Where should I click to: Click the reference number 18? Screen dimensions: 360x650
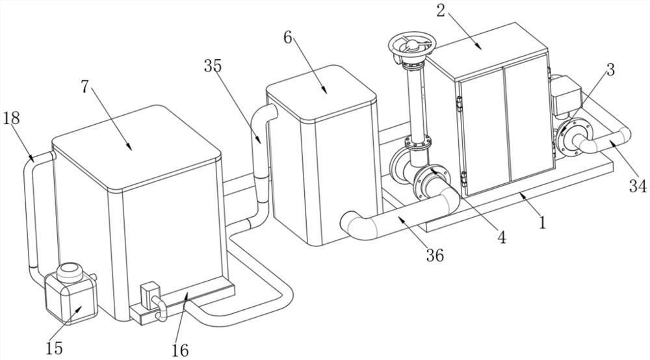[x=12, y=118]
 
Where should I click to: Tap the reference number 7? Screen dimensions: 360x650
[x=85, y=87]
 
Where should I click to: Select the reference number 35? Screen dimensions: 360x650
[x=213, y=65]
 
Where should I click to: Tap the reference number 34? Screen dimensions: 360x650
[x=637, y=186]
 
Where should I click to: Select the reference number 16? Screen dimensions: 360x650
[x=180, y=350]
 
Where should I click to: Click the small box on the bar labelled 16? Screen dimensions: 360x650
[x=151, y=290]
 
